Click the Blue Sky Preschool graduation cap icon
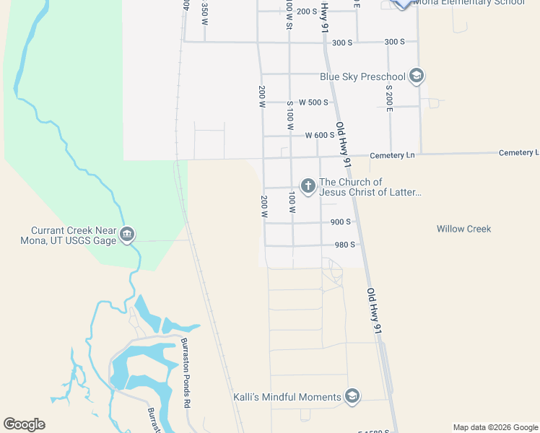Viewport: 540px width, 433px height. pyautogui.click(x=416, y=75)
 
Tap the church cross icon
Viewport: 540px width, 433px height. pyautogui.click(x=308, y=187)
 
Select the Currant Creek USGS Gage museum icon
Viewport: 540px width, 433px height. pyautogui.click(x=126, y=234)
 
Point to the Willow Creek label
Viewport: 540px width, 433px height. pyautogui.click(x=463, y=229)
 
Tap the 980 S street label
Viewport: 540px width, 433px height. pyautogui.click(x=344, y=245)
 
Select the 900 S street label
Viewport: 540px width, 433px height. pyautogui.click(x=341, y=222)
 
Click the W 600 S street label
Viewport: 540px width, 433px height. pyautogui.click(x=320, y=135)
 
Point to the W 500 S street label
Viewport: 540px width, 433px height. pyautogui.click(x=313, y=102)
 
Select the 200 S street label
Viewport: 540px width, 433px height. pyautogui.click(x=307, y=12)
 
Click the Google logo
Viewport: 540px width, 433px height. pyautogui.click(x=24, y=424)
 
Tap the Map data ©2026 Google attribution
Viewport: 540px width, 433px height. pyautogui.click(x=495, y=427)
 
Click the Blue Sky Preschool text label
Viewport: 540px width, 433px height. pyautogui.click(x=362, y=76)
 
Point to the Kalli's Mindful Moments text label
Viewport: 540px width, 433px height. pyautogui.click(x=287, y=397)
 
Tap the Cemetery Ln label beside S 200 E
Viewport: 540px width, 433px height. pyautogui.click(x=393, y=156)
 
